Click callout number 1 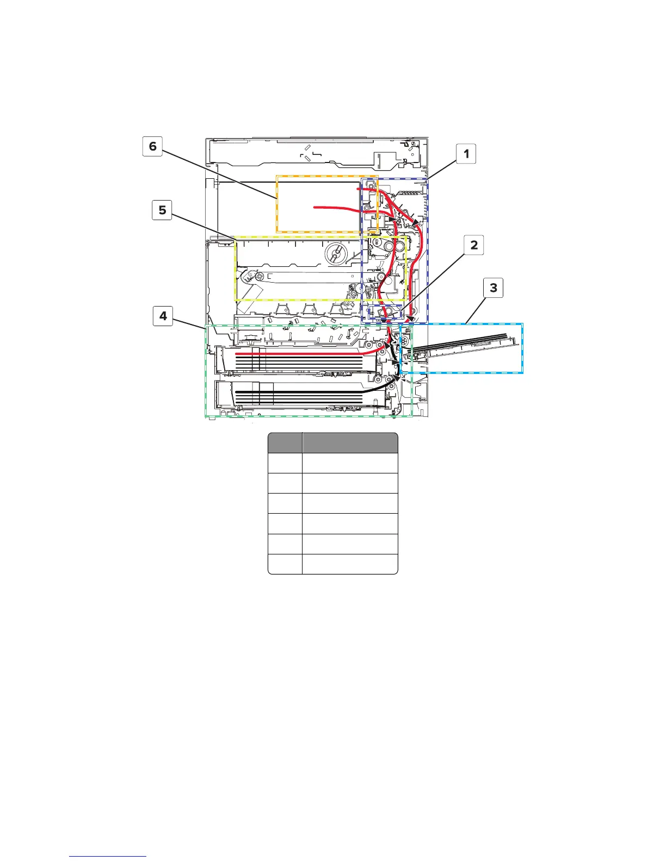pos(466,154)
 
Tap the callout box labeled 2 pos(474,245)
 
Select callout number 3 pos(494,288)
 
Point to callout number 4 pos(163,316)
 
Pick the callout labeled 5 pos(162,210)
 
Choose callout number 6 pos(152,146)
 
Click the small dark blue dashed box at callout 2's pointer pos(385,313)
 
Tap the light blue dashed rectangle pos(522,348)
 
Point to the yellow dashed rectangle pos(236,269)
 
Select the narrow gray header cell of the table pos(285,443)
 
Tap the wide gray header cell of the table pos(350,443)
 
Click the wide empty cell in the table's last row pos(350,564)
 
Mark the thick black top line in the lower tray pos(305,391)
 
